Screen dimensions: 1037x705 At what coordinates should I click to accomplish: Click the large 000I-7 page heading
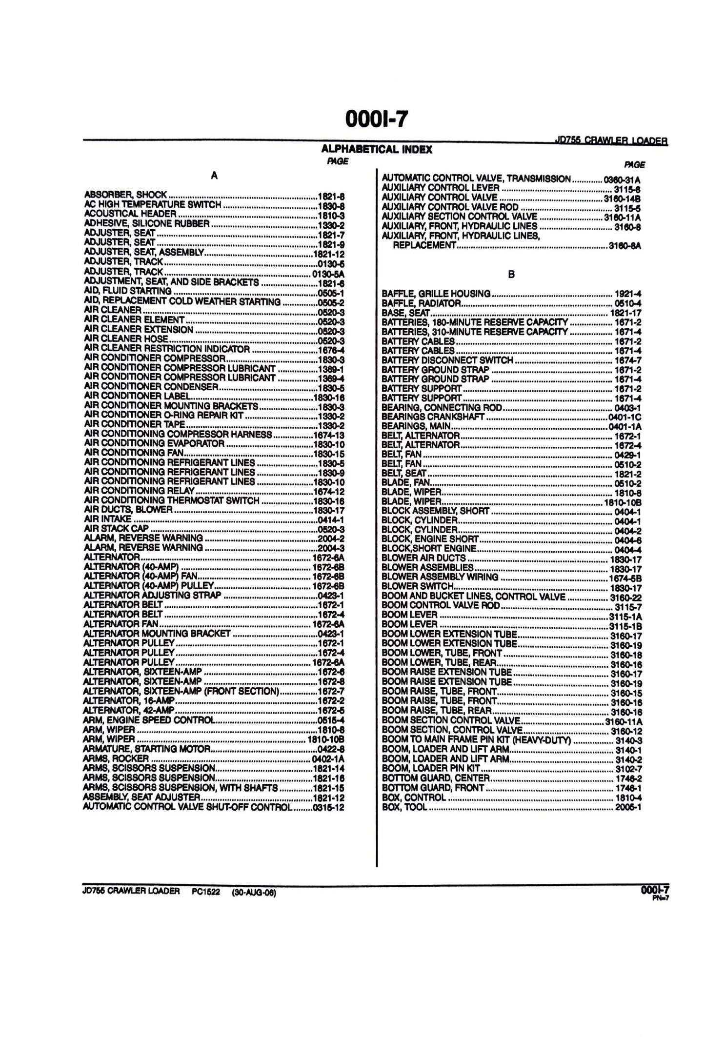click(x=376, y=119)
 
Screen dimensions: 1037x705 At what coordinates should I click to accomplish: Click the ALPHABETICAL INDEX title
click(x=377, y=150)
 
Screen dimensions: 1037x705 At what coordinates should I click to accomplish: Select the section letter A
click(x=214, y=176)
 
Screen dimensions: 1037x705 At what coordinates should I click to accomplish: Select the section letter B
click(x=511, y=275)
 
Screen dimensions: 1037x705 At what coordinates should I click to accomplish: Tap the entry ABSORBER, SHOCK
click(x=126, y=195)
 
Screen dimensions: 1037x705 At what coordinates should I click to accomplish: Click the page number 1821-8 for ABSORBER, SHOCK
click(x=331, y=196)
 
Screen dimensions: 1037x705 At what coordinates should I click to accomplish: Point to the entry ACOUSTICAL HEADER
click(x=130, y=214)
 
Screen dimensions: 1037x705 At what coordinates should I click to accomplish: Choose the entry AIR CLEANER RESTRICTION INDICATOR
click(x=167, y=349)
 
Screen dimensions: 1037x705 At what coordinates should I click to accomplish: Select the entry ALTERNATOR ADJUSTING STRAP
click(x=152, y=595)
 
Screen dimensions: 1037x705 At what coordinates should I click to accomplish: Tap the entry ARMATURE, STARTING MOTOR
click(x=147, y=748)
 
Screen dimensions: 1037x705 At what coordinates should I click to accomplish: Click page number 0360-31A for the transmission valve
click(x=622, y=179)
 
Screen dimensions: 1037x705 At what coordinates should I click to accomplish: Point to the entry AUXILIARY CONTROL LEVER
click(x=441, y=188)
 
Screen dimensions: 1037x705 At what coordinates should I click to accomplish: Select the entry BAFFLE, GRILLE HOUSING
click(x=436, y=294)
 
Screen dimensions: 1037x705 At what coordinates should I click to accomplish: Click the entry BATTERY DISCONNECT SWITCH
click(x=447, y=360)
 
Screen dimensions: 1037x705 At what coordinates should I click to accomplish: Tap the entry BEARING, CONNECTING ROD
click(x=443, y=407)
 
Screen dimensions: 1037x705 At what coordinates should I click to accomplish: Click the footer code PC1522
click(x=206, y=892)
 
